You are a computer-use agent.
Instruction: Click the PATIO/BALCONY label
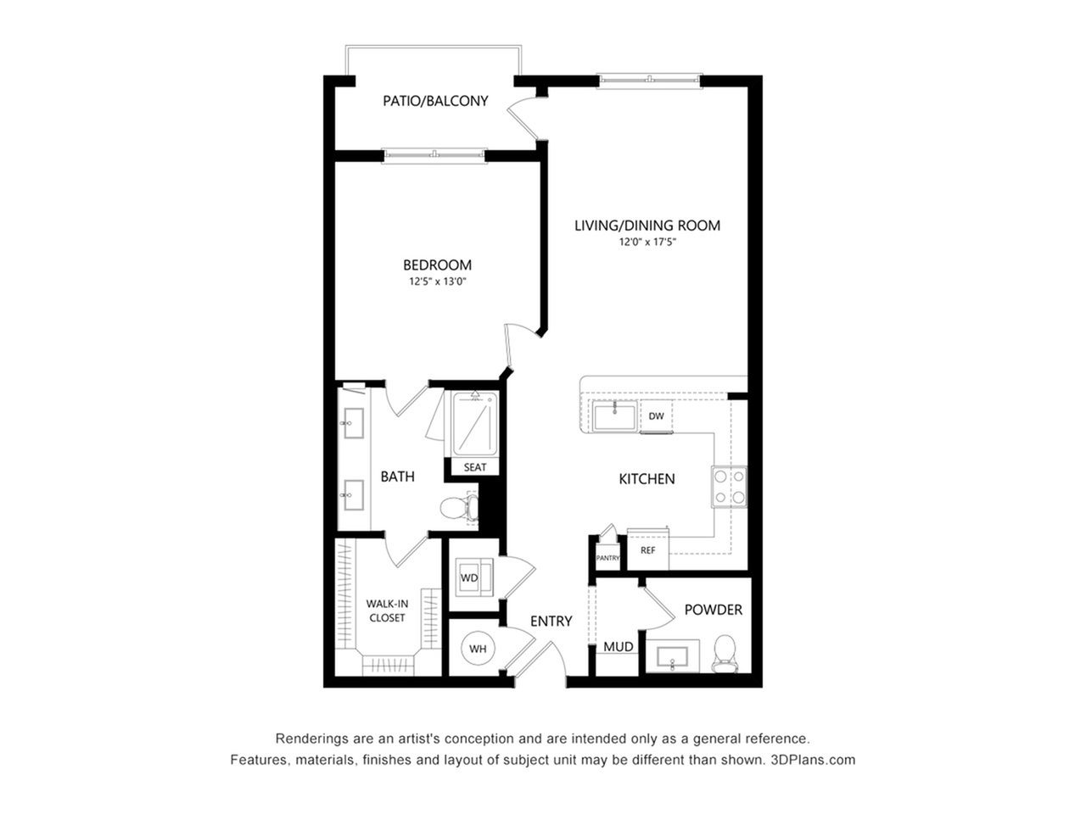point(435,101)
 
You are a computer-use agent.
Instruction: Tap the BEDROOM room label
point(437,265)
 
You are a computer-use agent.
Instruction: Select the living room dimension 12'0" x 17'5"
point(647,243)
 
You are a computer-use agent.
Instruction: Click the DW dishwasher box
point(656,416)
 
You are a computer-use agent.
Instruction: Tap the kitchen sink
point(614,417)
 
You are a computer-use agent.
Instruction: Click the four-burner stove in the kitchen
point(730,487)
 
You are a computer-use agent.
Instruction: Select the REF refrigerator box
point(648,549)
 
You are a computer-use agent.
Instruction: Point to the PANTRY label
point(607,558)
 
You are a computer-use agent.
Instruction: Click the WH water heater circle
point(478,649)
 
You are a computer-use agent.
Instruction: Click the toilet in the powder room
point(725,654)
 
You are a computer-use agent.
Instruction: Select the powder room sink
point(673,657)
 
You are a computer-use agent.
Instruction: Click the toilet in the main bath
point(459,508)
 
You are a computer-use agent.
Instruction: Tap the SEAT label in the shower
point(475,467)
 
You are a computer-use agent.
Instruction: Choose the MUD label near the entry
point(619,647)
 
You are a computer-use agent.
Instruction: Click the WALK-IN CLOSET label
point(387,610)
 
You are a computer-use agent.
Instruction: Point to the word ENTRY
point(551,622)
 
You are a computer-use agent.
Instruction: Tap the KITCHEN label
point(647,479)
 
